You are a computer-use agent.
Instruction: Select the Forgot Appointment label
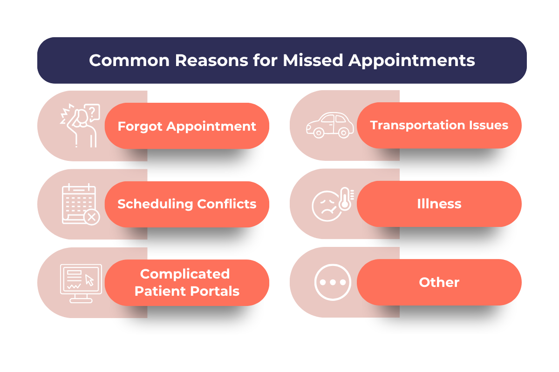[x=187, y=126]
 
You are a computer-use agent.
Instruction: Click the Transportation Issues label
[x=439, y=125]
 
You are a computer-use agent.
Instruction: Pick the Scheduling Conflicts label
[x=187, y=204]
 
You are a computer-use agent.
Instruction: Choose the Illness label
[x=439, y=204]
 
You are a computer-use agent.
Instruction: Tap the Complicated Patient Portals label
[x=187, y=282]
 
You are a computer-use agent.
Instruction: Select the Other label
[x=439, y=282]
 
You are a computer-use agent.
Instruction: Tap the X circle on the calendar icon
[x=92, y=217]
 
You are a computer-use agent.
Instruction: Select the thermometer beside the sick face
[x=345, y=199]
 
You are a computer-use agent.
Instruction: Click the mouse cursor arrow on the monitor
[x=89, y=280]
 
